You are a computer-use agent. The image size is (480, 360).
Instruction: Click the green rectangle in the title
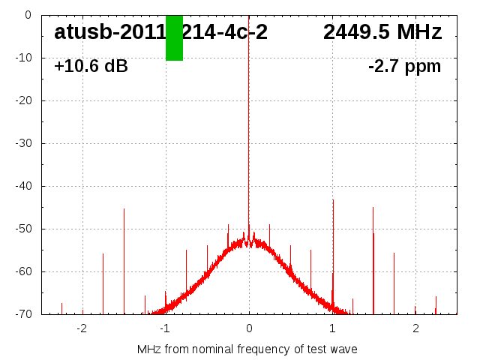pos(174,37)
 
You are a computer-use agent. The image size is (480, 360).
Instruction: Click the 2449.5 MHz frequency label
pos(382,32)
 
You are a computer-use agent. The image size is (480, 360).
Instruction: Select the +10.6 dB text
pos(91,66)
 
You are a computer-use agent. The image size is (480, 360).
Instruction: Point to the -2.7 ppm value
pos(404,66)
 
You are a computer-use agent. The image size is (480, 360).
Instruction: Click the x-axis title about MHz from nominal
pos(247,349)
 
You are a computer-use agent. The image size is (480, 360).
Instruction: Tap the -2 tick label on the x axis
pos(82,328)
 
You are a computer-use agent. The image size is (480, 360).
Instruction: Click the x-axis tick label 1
pos(332,328)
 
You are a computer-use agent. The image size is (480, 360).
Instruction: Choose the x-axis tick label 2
pos(415,328)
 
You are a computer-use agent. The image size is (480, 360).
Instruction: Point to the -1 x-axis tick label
pos(165,328)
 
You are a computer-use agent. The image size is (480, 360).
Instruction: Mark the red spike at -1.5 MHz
pos(124,255)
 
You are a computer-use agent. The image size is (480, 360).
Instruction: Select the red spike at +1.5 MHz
pos(373,255)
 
